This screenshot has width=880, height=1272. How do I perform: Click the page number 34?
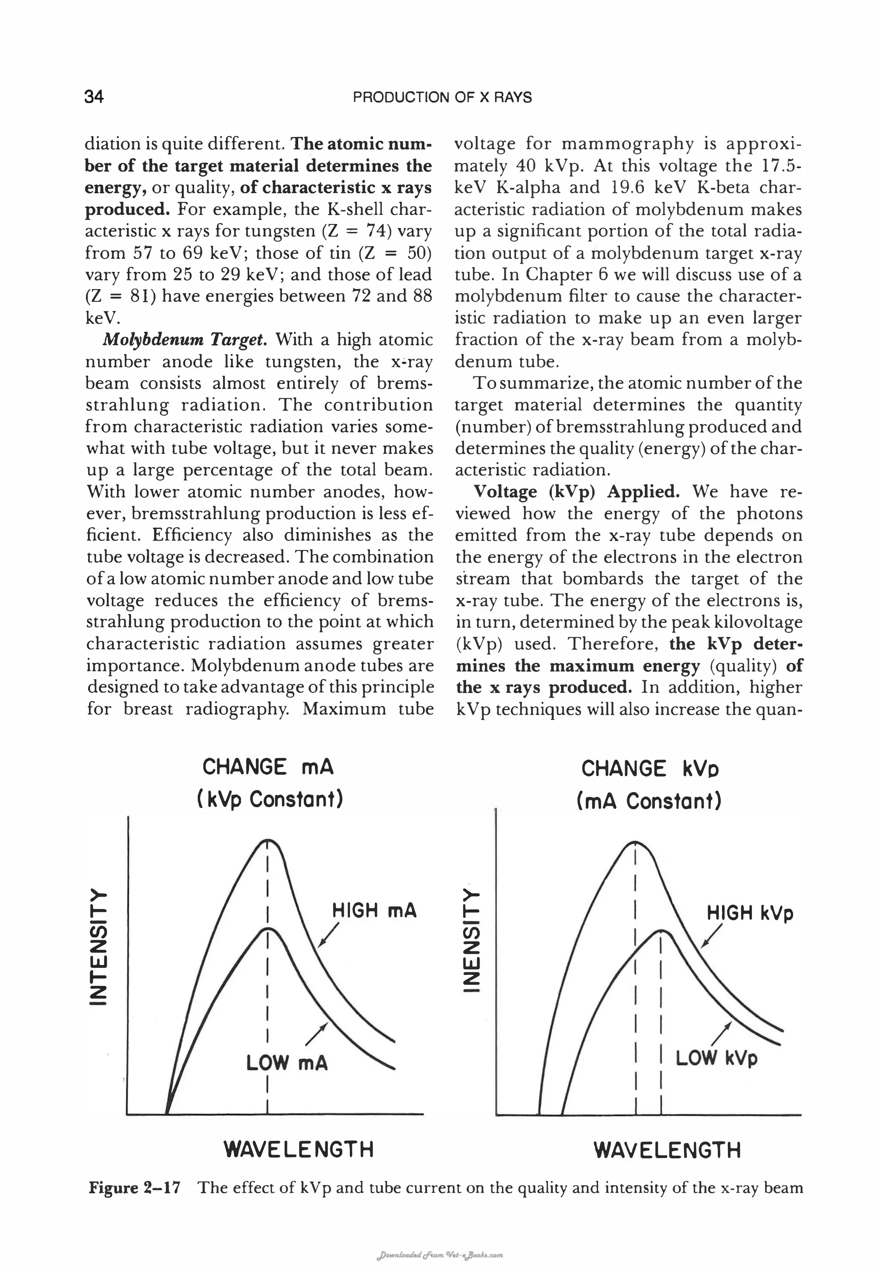94,97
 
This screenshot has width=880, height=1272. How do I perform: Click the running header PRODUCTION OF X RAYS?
442,98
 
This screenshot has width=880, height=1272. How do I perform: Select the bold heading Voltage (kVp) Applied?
576,491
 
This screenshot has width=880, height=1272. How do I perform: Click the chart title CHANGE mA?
268,767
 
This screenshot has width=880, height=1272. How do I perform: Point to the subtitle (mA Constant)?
649,801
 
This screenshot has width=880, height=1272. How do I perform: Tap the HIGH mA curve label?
374,910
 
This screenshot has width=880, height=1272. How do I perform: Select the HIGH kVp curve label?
750,913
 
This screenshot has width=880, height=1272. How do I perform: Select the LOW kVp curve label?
716,1058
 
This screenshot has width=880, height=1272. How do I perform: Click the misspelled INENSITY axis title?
471,943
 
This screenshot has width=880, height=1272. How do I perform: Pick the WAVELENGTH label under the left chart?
299,1149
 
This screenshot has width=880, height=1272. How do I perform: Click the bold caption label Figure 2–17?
134,1188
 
